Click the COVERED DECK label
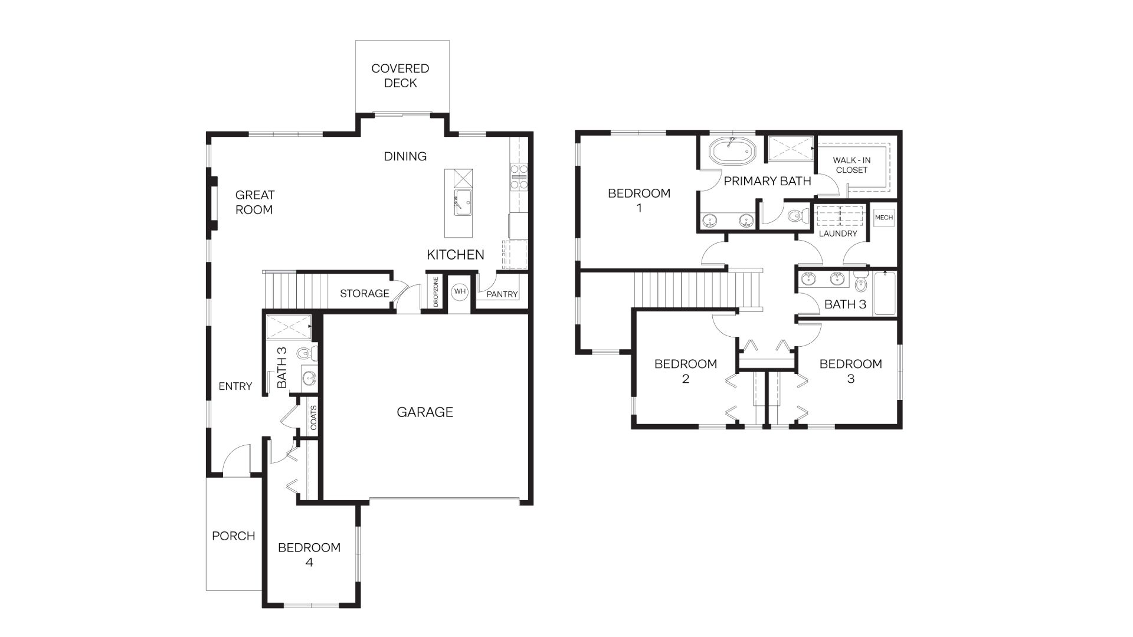(400, 75)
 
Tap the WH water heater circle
(460, 291)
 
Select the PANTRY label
(502, 294)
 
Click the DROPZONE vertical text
(436, 292)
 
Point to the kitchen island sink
(463, 202)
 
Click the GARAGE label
(424, 412)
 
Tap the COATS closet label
(313, 417)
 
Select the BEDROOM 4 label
(309, 554)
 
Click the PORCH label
(233, 536)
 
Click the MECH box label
(883, 218)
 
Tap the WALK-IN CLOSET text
(852, 165)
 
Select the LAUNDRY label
(837, 234)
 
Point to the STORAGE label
(364, 293)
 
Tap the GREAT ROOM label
(254, 202)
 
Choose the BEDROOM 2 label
(685, 371)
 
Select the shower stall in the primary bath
(790, 148)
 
